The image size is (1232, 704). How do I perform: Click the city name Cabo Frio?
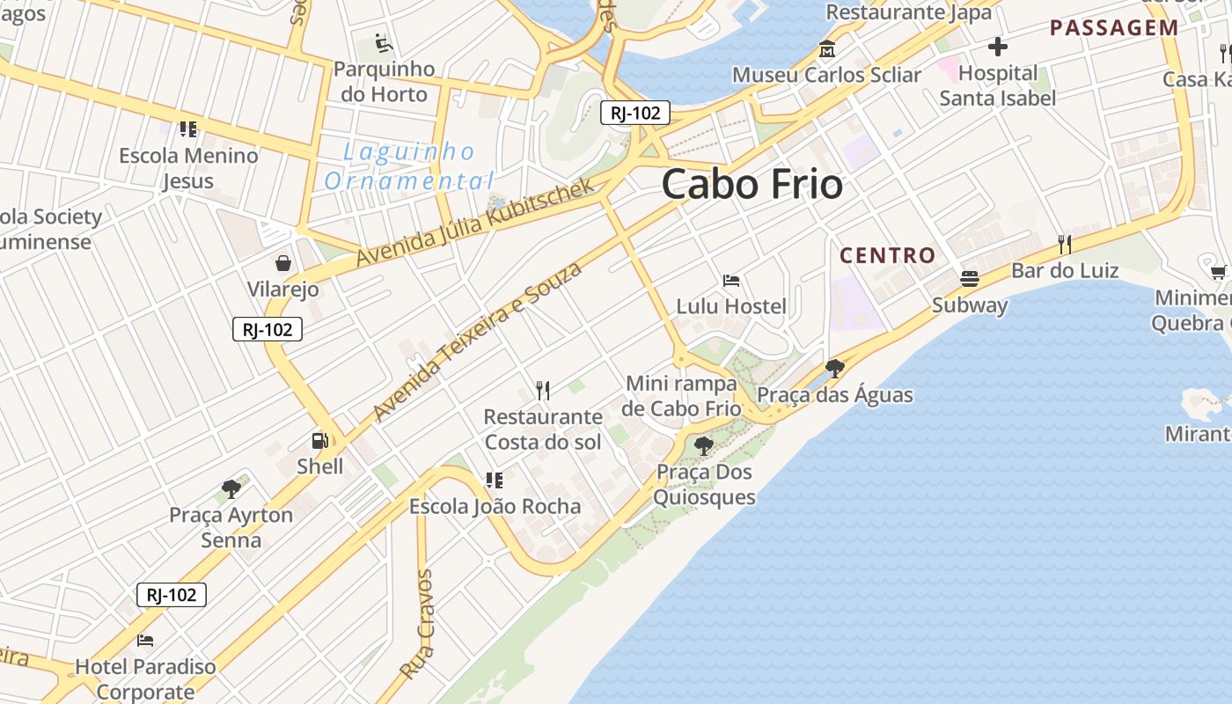coord(752,185)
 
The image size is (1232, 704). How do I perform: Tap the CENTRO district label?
coord(887,256)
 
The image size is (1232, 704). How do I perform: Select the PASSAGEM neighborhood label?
coord(1113,27)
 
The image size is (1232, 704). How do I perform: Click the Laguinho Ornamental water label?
coord(409,166)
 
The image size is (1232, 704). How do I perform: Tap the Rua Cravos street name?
coord(416,624)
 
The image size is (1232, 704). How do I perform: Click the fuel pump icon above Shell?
coord(319,440)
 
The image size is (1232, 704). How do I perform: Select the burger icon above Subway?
coord(969,279)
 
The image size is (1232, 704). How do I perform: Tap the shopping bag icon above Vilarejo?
coord(283,263)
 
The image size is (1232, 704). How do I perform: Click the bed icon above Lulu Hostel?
coord(730,281)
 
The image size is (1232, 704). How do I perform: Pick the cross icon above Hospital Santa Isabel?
coord(997,47)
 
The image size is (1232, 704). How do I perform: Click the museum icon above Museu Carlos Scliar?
coord(826,49)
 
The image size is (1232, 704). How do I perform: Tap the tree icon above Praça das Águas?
coord(834,369)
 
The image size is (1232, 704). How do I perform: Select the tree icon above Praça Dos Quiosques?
coord(703,446)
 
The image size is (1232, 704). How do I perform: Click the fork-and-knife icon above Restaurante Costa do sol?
coord(543,390)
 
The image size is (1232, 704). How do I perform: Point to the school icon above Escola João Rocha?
coord(495,480)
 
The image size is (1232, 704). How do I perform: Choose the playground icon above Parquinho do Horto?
coord(383,42)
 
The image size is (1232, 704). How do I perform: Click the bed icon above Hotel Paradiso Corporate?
coord(145,640)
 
